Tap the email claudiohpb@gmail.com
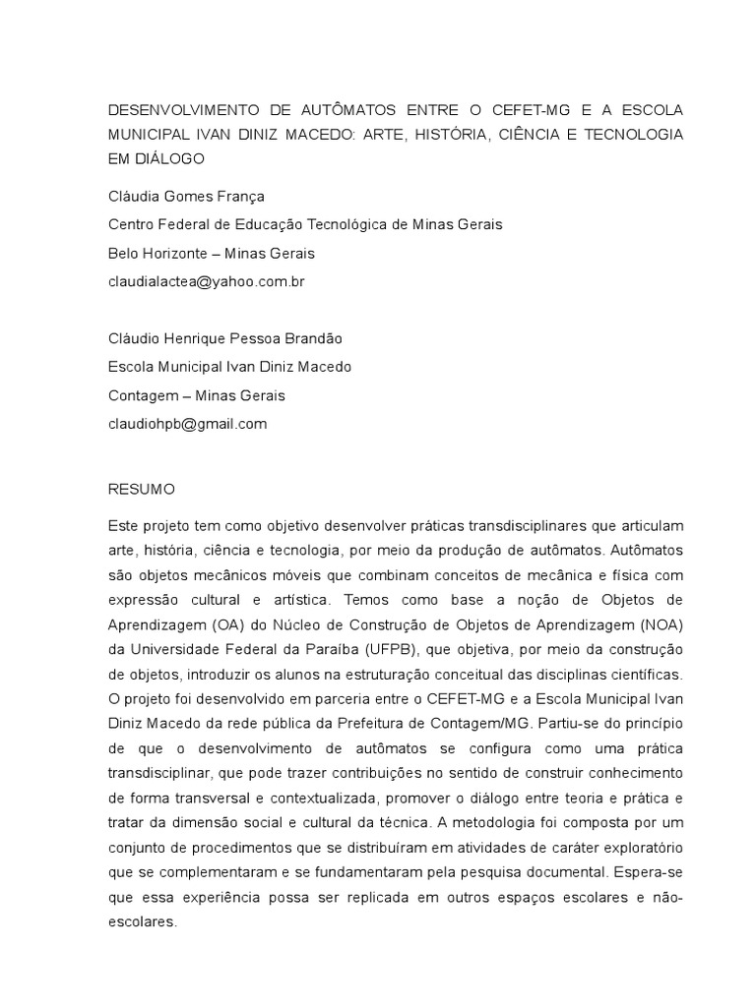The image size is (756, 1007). click(187, 424)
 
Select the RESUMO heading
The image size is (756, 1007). click(141, 489)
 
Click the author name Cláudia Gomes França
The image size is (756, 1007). click(186, 196)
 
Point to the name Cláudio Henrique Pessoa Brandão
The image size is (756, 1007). click(224, 338)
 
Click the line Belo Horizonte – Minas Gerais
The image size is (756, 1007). click(211, 253)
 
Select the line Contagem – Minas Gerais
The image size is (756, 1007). click(196, 395)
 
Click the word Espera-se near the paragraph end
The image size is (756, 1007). click(645, 870)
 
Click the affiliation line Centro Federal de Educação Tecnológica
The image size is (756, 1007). click(305, 224)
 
